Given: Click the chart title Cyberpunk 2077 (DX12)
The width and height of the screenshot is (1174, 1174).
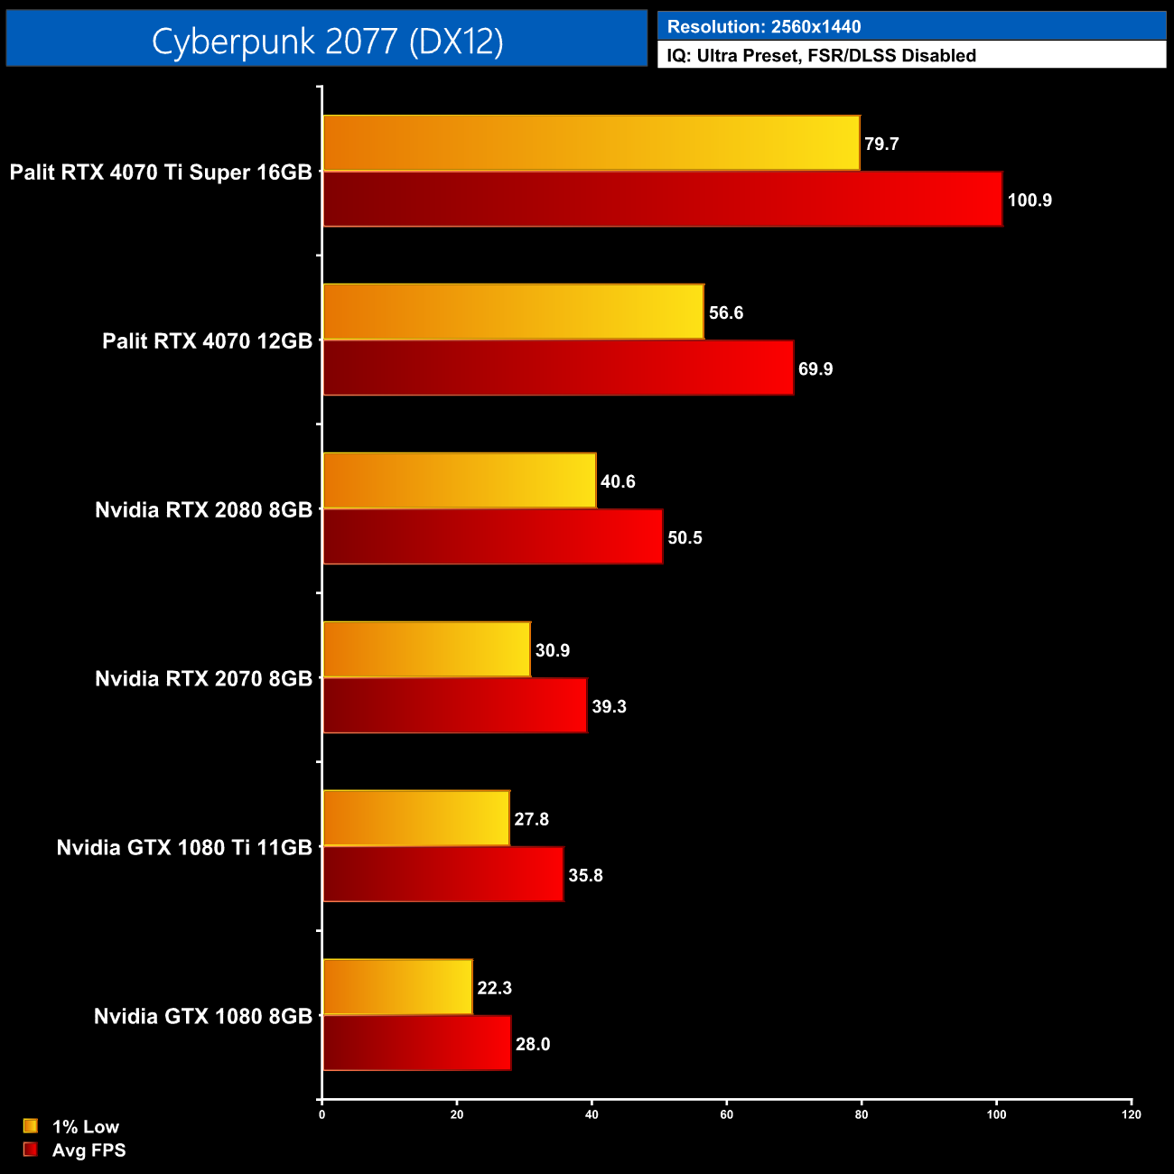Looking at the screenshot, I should click(327, 41).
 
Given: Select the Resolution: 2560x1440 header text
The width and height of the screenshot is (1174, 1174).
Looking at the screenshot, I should click(763, 27).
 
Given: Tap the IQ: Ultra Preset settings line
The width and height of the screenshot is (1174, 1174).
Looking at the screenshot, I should click(821, 56).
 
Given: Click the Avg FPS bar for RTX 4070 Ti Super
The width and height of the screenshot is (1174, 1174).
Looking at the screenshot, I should click(662, 200).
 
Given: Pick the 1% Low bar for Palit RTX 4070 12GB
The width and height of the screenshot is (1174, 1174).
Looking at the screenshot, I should click(513, 312).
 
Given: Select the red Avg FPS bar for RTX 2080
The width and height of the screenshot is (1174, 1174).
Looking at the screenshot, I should click(492, 537).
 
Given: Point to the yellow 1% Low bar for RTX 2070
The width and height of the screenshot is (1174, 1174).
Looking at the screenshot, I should click(426, 650).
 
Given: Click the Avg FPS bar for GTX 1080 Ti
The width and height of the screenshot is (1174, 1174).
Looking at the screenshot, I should click(443, 875).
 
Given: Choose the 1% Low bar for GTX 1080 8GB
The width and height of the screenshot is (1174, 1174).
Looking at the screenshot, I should click(397, 988).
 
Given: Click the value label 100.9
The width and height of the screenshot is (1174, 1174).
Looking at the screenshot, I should click(1030, 200).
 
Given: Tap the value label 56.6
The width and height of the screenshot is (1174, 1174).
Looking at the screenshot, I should click(726, 313).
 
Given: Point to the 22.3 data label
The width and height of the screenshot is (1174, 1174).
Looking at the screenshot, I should click(494, 988).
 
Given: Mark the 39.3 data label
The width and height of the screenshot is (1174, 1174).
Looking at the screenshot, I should click(609, 707).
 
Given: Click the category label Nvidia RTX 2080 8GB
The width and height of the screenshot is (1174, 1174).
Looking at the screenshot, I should click(203, 510).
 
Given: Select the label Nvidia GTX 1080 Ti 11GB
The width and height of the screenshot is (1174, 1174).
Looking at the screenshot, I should click(184, 848).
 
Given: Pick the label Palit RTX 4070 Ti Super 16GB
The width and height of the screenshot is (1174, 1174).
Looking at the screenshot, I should click(161, 172).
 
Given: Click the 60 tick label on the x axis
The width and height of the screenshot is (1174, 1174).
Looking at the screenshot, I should click(726, 1114).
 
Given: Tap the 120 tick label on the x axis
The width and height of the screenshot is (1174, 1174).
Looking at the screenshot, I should click(1131, 1114).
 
